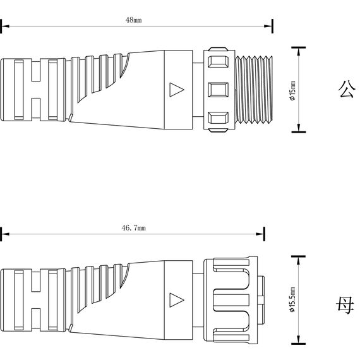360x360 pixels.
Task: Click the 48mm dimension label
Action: [133, 20]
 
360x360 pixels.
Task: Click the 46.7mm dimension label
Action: [133, 228]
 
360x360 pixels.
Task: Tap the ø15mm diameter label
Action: [292, 91]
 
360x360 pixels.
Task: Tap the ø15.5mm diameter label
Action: [292, 299]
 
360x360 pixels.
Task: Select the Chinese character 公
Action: [347, 89]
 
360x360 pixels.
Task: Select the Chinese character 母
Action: [345, 305]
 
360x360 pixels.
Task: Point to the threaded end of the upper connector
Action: [254, 90]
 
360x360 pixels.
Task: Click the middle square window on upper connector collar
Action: [218, 90]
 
